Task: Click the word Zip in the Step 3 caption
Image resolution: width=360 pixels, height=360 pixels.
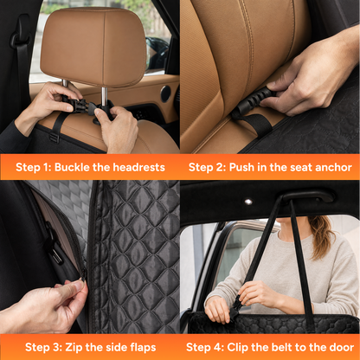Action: coord(74,347)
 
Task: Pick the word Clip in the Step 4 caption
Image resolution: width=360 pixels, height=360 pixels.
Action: coord(238,347)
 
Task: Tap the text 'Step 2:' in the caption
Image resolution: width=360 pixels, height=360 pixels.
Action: coord(207,167)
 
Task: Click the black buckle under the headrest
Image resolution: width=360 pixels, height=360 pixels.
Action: coord(83,105)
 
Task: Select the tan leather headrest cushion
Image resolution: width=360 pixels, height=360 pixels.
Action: coord(93,46)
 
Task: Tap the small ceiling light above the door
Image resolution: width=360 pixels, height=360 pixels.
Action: coord(248,202)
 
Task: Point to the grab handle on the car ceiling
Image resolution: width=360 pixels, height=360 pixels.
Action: coord(307,197)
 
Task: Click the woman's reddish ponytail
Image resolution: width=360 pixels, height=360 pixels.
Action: coord(320,236)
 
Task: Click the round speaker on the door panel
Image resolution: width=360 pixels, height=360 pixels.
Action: coord(165,93)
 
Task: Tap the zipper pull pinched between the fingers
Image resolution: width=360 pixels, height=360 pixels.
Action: coord(83,276)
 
